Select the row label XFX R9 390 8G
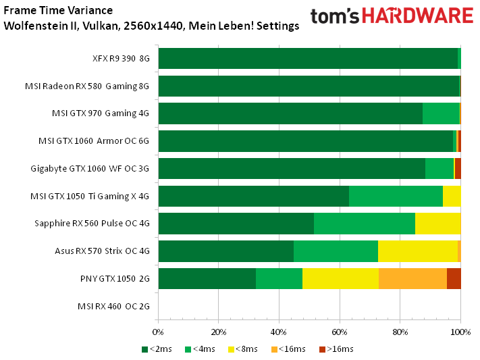point(121,58)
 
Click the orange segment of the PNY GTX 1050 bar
point(412,278)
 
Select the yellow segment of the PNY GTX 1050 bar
point(340,278)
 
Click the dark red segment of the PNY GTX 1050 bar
point(454,278)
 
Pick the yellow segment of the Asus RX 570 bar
point(417,251)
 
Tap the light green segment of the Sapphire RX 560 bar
point(365,223)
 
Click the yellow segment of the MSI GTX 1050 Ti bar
point(452,196)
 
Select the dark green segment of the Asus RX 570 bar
point(225,251)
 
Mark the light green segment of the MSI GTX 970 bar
point(441,113)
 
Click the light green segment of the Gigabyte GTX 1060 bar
point(439,168)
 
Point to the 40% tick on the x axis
point(279,332)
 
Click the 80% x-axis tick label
point(400,332)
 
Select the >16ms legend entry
point(336,349)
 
